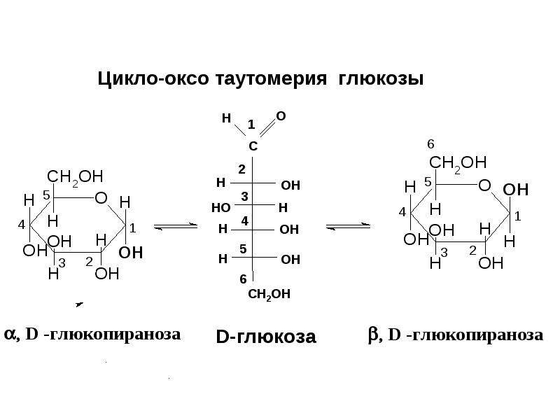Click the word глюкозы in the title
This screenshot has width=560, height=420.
tap(380, 79)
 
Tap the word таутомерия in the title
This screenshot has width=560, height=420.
tap(271, 79)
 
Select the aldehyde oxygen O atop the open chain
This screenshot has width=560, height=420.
tap(281, 116)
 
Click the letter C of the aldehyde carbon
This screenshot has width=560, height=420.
tap(253, 146)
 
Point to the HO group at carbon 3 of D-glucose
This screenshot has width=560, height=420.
tap(220, 207)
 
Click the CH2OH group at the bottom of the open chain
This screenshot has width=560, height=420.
tap(269, 294)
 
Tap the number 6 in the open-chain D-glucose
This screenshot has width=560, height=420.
tap(243, 279)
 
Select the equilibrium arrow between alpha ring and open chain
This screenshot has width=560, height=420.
tap(176, 226)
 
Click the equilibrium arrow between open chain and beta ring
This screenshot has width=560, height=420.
tap(348, 226)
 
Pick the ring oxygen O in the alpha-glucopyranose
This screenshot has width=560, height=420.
tap(101, 198)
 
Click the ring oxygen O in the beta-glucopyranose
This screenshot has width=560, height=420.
tap(484, 185)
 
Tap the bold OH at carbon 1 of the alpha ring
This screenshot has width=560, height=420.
tap(131, 253)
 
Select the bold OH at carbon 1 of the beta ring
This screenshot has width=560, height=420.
tap(516, 190)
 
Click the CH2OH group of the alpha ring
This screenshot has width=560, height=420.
tap(75, 177)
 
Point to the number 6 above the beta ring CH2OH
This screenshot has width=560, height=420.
tap(430, 144)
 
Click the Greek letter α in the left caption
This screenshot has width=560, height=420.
tap(10, 335)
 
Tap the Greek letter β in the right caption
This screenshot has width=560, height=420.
tap(373, 335)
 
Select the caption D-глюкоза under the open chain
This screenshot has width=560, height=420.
tap(266, 337)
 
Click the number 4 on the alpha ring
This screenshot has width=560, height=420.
tap(22, 225)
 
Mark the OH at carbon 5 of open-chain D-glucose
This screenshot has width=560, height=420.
tap(290, 259)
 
